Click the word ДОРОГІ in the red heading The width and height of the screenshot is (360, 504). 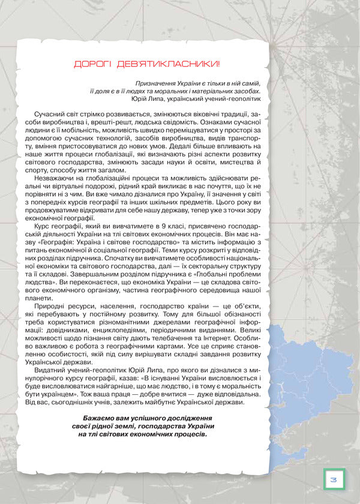(x=88, y=64)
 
